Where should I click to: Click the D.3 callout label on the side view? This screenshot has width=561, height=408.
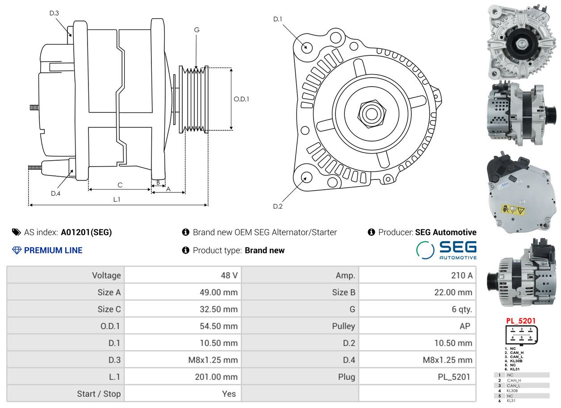tap(54, 13)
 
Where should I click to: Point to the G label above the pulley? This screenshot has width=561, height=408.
tap(197, 30)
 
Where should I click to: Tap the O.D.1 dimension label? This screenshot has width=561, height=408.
tap(242, 99)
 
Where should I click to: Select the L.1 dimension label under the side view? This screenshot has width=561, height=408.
tap(117, 199)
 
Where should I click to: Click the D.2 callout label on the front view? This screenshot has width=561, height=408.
tap(278, 206)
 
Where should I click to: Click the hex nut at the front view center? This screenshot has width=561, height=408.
tap(372, 114)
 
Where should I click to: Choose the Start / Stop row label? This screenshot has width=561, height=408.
tap(99, 394)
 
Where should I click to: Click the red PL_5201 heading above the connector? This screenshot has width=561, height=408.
tap(521, 321)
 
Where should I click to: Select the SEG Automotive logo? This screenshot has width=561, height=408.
tap(446, 250)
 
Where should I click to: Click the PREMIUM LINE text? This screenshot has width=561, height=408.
tap(53, 250)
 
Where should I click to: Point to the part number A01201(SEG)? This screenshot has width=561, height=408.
tap(86, 232)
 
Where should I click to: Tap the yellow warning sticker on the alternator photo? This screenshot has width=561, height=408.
tap(513, 210)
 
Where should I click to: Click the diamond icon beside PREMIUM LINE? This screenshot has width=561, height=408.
tap(17, 250)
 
